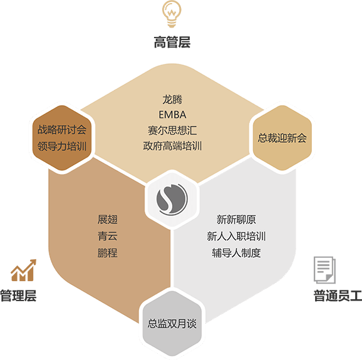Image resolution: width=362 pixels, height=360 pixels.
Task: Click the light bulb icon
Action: click(172, 14)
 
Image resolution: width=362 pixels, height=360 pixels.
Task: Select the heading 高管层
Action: click(172, 42)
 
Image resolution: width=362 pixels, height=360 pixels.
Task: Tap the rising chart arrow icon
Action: click(24, 270)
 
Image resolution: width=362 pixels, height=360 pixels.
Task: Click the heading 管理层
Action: click(18, 296)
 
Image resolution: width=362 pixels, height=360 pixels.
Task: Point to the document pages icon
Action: click(324, 270)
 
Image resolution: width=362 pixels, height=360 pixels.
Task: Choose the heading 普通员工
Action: click(338, 296)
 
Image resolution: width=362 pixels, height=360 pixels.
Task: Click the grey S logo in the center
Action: click(172, 198)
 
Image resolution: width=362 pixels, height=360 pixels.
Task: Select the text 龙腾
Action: click(172, 100)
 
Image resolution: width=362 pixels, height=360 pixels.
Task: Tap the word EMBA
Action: click(172, 115)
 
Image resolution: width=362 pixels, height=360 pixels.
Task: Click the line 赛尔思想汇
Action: click(172, 130)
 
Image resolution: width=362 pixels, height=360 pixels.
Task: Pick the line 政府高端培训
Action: click(172, 146)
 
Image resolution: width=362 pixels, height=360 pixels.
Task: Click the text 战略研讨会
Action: click(62, 130)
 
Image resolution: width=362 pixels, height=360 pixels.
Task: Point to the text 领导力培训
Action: click(62, 146)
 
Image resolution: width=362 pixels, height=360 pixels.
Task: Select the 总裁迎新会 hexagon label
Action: click(282, 138)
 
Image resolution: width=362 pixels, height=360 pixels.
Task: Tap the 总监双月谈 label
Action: click(172, 324)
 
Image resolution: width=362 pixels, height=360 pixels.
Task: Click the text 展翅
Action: click(107, 219)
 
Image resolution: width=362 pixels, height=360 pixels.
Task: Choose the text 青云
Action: click(107, 236)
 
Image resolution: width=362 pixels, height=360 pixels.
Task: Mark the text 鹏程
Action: click(107, 253)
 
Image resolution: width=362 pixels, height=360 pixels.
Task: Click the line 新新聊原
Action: click(236, 219)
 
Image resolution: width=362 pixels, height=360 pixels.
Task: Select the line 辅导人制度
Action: click(236, 253)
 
